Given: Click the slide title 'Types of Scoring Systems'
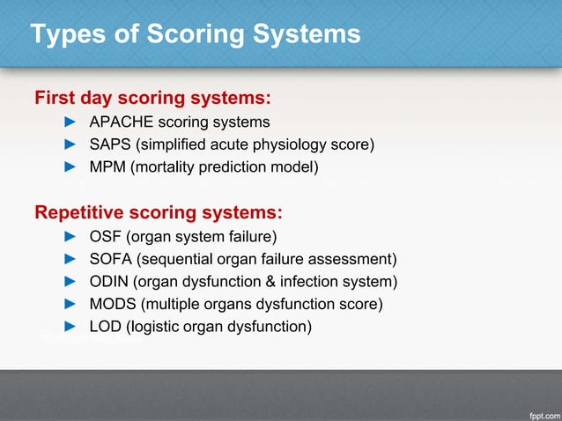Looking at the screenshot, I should coord(195,34).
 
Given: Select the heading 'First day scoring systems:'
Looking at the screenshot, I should coord(152,96).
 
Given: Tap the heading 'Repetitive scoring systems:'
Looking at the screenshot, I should coord(158,212).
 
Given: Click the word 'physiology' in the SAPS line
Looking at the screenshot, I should coord(297,144).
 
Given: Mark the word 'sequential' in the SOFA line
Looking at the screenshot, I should coord(178,259).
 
